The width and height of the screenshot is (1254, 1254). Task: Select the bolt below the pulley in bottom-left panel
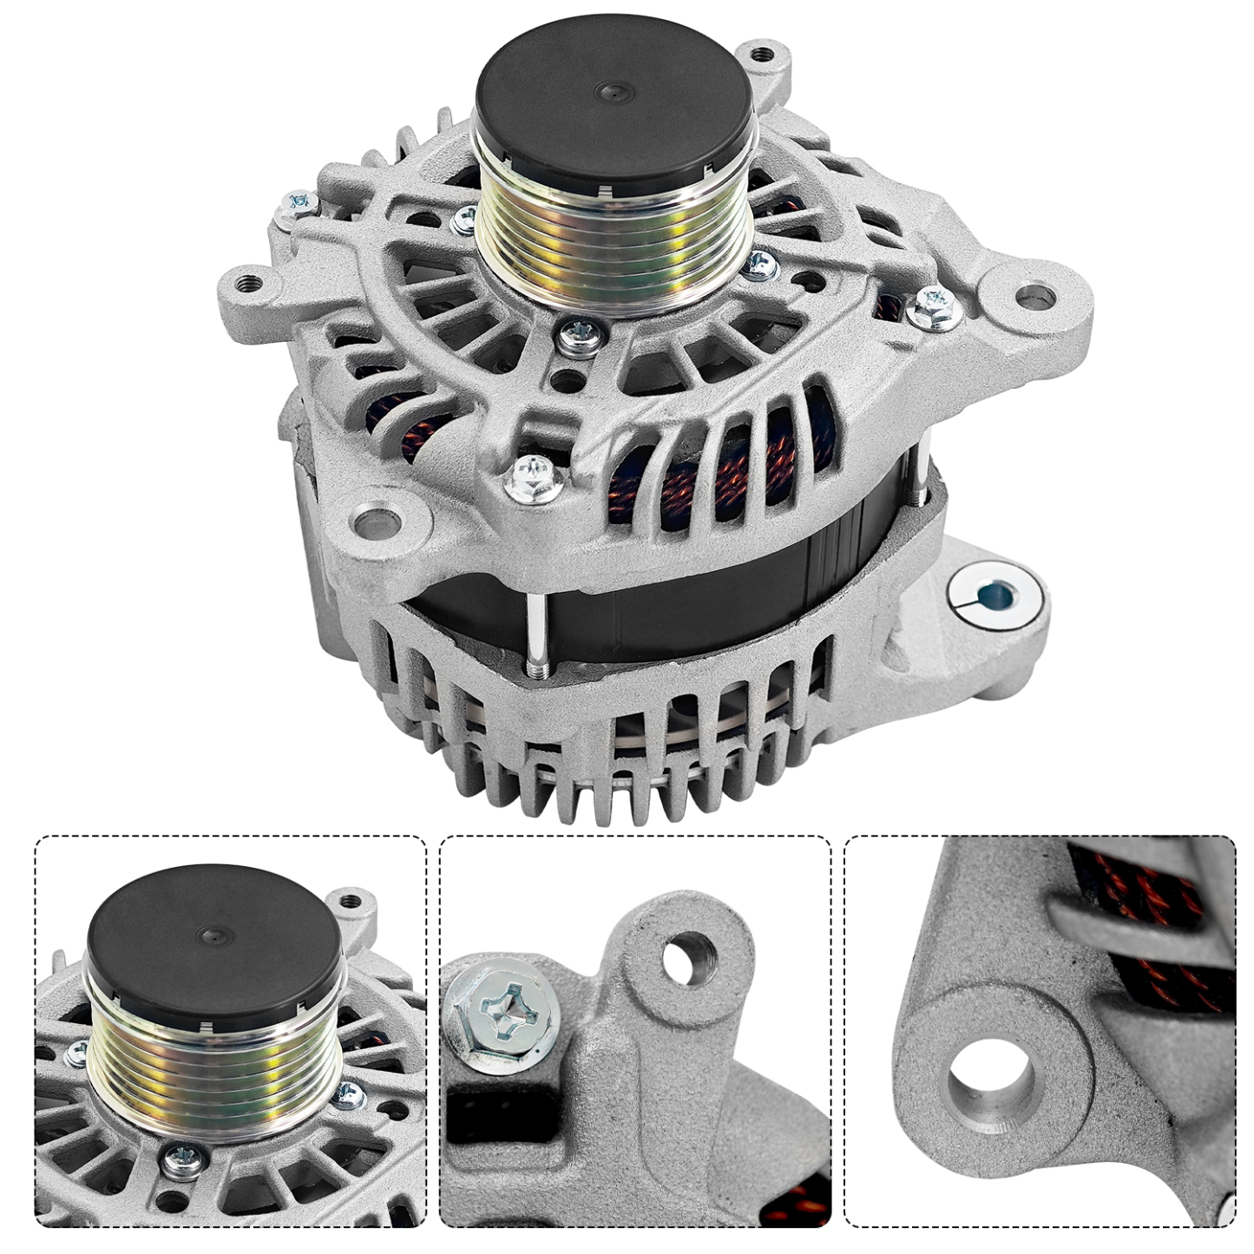[184, 1155]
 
